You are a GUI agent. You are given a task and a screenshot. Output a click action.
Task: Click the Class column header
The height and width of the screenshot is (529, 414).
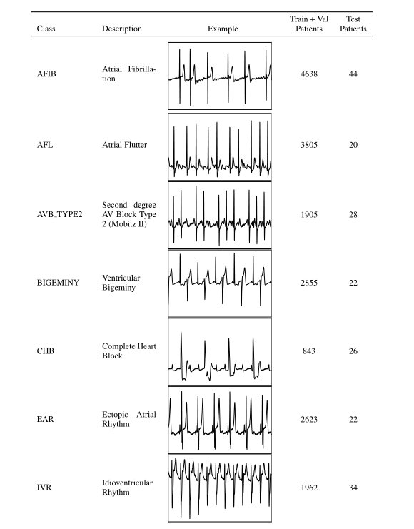[x=46, y=29]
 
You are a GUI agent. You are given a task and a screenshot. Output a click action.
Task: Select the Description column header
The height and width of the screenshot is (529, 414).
[x=122, y=29]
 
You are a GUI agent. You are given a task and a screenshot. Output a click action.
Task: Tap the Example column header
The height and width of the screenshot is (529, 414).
[x=223, y=29]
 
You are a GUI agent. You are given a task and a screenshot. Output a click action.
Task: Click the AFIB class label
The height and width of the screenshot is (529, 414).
[x=47, y=75]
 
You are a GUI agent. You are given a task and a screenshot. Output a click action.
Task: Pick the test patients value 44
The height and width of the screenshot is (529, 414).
[x=353, y=75]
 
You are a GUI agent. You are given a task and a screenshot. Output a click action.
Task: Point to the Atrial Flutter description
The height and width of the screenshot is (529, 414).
[x=125, y=145]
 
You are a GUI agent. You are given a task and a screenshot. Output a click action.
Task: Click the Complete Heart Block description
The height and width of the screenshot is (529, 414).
[x=129, y=351]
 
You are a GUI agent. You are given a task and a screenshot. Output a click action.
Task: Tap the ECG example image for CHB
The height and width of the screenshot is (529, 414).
[x=220, y=351]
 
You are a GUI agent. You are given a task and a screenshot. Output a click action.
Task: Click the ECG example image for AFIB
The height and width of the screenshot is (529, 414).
[x=220, y=75]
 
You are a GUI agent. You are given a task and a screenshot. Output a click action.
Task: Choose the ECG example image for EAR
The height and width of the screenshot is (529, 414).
[x=220, y=420]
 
